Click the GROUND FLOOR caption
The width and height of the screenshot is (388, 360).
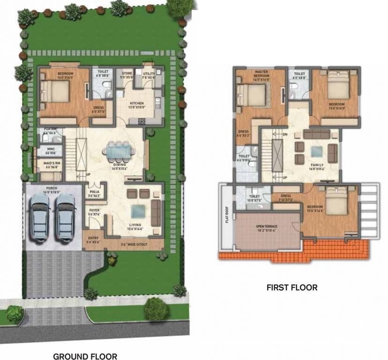[x=85, y=356]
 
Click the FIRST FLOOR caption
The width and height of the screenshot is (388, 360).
[x=292, y=287]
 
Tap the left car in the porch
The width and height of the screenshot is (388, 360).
[x=40, y=216]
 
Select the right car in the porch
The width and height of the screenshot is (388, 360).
[x=66, y=216]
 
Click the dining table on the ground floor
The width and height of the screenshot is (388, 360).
[x=119, y=151]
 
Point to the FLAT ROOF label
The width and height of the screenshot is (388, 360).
[x=226, y=217]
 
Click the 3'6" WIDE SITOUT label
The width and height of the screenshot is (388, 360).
[x=134, y=244]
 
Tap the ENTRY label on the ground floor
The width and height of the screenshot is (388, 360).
[x=93, y=240]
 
